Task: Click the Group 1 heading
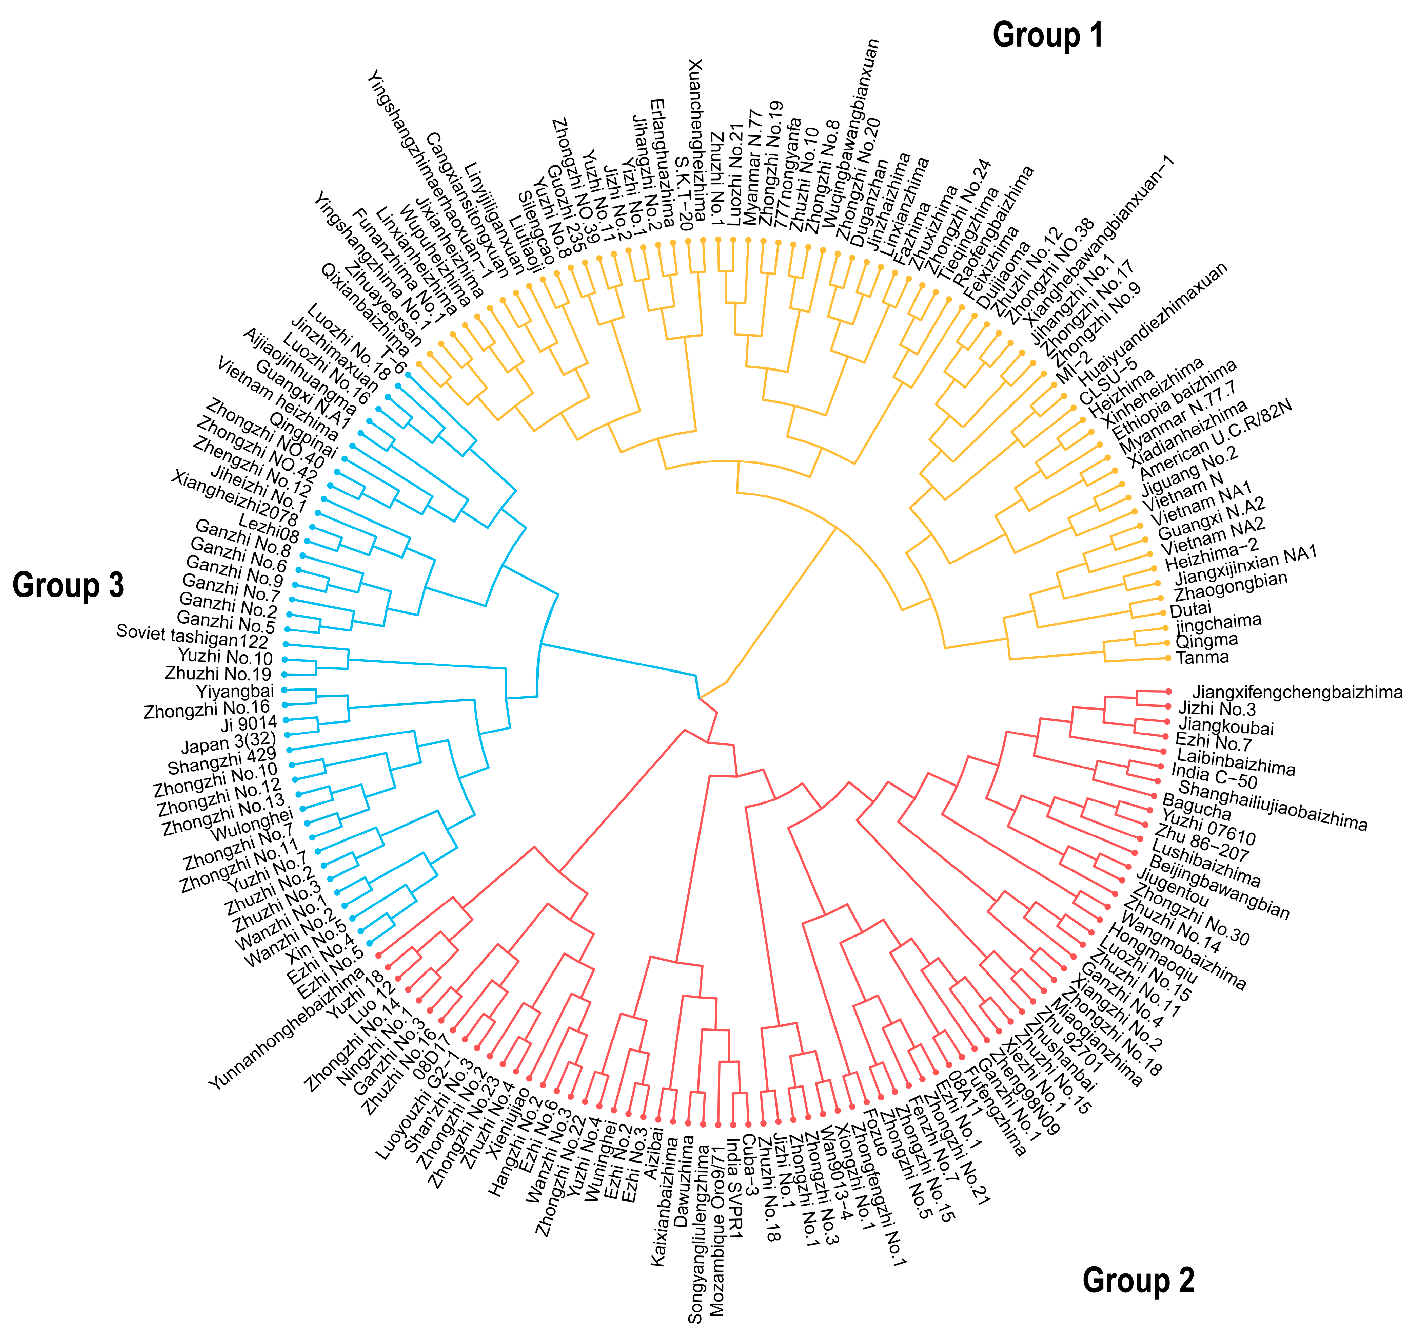tap(1047, 35)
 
